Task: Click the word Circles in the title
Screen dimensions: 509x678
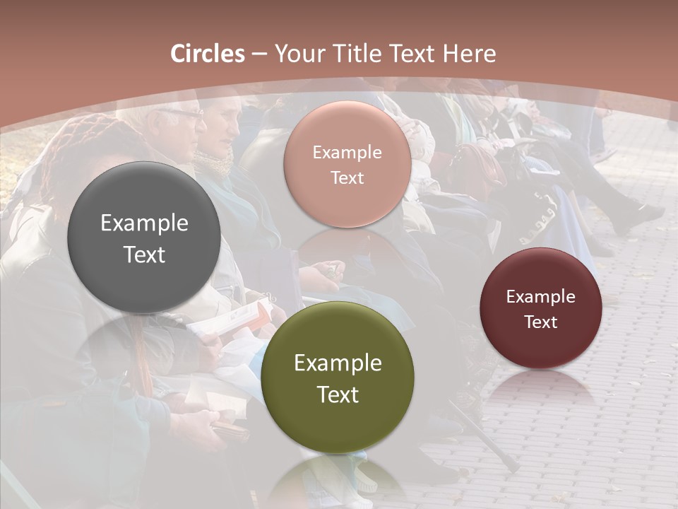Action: (207, 54)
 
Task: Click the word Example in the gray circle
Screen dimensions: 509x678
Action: (144, 223)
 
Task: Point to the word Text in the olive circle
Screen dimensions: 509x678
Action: (338, 394)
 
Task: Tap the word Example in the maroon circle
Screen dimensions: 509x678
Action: (541, 297)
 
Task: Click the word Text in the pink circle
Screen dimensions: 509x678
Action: (347, 177)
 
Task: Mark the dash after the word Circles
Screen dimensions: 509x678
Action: (259, 54)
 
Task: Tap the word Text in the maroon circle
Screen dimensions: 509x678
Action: (541, 322)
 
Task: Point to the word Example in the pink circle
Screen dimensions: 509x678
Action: (347, 153)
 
